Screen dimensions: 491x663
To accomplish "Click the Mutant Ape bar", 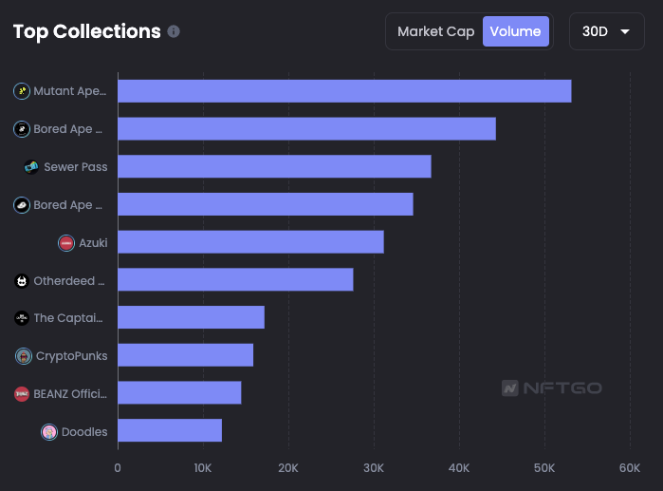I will [344, 91].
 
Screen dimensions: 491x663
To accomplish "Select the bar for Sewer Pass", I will [274, 166].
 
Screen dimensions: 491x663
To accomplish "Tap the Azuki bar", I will [250, 242].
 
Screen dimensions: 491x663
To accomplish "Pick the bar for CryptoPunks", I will [185, 355].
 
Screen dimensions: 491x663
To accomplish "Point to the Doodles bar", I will [170, 430].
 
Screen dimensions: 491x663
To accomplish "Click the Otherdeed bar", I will [235, 279].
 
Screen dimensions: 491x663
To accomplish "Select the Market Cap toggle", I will [435, 31].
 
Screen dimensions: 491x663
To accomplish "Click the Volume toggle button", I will [515, 31].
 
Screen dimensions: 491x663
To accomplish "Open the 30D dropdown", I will [606, 31].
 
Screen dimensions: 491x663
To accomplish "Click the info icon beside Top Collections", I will [174, 31].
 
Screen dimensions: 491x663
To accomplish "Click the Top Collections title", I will [86, 31].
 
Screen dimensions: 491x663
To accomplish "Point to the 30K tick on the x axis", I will [374, 467].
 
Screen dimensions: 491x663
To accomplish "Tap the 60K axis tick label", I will [629, 467].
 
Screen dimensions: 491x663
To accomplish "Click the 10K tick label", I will [203, 467].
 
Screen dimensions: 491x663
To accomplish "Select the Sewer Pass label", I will [75, 167].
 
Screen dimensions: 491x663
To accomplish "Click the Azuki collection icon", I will [66, 243].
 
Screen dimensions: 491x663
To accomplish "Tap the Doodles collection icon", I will [49, 432].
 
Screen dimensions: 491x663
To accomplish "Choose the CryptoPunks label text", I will [71, 356].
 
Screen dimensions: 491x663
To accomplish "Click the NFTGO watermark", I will [551, 387].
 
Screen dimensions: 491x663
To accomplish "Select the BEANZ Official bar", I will [179, 392].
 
